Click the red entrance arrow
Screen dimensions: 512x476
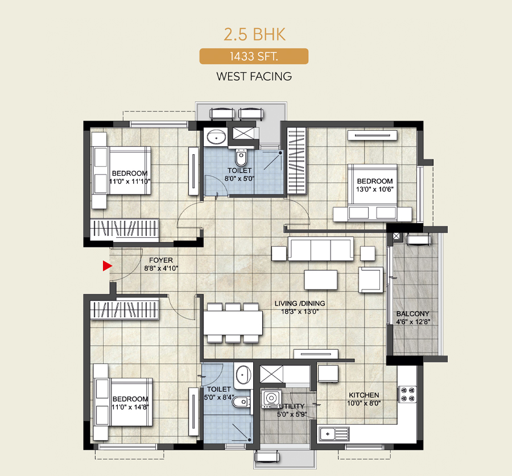[x=107, y=266]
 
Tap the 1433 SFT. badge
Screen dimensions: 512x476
[x=254, y=56]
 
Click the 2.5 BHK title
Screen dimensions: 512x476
[x=254, y=34]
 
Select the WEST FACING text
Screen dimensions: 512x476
[x=254, y=76]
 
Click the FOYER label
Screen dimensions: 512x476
[x=161, y=260]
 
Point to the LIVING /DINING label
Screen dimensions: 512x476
[x=300, y=303]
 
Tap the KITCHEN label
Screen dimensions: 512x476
[x=364, y=395]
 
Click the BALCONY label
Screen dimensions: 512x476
[x=413, y=314]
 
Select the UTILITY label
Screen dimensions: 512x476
[x=292, y=406]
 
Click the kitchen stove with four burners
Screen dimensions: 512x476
[x=407, y=394]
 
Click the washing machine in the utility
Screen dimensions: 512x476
[x=271, y=398]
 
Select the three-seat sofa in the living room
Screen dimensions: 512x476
[x=320, y=249]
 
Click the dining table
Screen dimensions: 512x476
[x=233, y=322]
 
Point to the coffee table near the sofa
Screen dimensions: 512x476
[x=321, y=280]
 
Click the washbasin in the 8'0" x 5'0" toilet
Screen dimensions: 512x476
[x=216, y=137]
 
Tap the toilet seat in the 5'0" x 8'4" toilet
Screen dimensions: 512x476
[x=241, y=402]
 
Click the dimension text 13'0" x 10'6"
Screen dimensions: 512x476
[x=374, y=189]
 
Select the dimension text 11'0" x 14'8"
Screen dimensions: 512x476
[x=130, y=407]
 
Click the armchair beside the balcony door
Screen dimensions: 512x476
[x=370, y=280]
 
